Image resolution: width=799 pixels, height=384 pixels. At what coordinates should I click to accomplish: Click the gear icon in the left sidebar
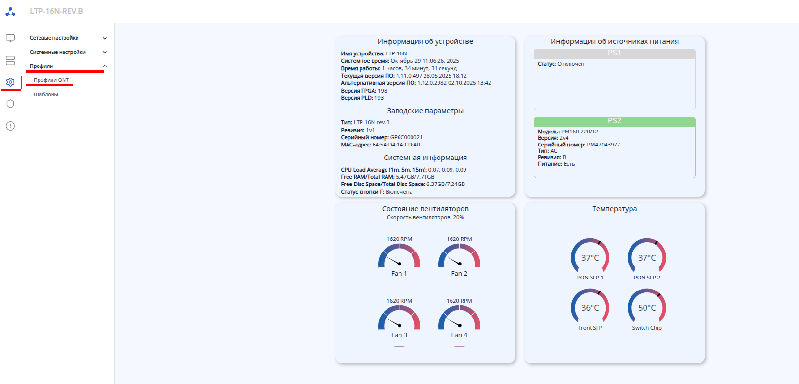10,82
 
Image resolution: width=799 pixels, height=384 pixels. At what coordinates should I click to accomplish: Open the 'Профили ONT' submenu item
51,80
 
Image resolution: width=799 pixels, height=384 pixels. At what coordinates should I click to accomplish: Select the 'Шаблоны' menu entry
46,94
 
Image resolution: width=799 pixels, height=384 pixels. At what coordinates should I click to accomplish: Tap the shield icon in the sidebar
10,104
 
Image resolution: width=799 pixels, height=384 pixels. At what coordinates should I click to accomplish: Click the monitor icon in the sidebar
10,38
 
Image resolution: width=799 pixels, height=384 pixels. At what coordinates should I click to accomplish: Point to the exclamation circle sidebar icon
10,126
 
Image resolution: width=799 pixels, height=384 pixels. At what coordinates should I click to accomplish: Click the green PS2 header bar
614,121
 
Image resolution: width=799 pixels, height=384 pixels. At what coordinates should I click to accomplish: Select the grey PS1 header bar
614,53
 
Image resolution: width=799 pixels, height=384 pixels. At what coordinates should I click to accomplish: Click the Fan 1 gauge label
399,273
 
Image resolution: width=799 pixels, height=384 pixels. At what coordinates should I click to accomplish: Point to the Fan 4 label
459,335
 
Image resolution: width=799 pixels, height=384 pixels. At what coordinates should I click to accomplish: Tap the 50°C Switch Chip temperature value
647,308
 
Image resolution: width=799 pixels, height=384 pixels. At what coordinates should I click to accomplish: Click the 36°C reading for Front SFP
590,308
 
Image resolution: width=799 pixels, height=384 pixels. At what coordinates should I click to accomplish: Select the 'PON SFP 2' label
647,278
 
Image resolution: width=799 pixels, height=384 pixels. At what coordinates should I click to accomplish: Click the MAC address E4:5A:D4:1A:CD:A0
396,145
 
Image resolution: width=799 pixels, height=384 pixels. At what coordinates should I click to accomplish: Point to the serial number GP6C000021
406,137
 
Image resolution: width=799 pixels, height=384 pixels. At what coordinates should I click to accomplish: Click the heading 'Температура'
614,209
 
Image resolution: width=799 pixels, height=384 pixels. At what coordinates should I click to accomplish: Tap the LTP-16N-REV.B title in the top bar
56,11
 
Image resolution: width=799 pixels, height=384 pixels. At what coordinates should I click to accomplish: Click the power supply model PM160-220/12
580,132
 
